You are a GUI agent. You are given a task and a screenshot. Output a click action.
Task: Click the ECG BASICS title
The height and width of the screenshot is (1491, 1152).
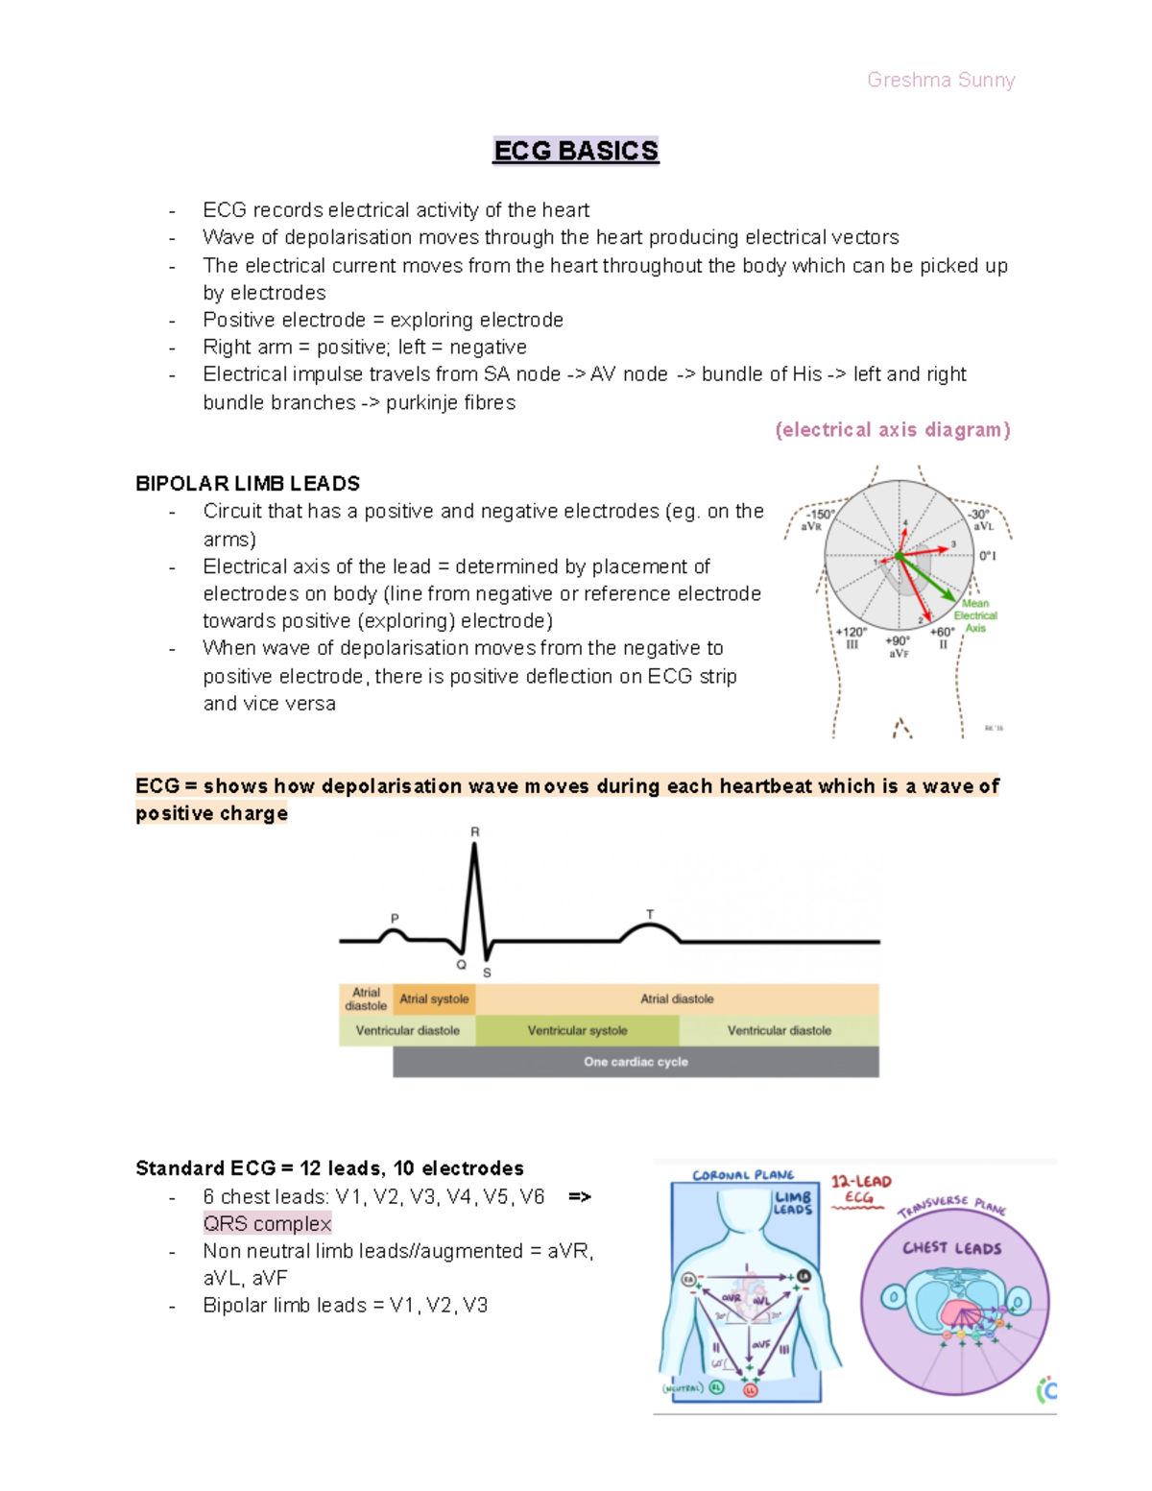575,151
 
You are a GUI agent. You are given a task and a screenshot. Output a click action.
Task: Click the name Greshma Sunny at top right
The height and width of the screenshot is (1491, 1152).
941,80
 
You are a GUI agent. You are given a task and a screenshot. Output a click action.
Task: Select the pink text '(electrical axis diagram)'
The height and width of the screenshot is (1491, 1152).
893,430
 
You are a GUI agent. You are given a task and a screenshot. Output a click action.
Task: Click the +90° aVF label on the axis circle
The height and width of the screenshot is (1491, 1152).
898,646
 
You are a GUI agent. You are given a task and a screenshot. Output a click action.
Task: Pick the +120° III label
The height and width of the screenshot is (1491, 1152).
851,638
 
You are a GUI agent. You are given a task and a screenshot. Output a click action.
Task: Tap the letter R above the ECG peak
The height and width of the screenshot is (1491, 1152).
474,831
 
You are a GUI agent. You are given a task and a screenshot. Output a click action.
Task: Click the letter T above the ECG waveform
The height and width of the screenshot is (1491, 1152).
650,914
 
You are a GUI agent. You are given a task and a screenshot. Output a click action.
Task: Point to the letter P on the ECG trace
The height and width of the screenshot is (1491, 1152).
395,919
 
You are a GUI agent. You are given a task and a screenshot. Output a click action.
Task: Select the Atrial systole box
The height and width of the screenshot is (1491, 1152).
434,999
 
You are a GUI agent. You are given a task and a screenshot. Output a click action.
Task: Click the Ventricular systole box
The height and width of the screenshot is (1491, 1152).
577,1030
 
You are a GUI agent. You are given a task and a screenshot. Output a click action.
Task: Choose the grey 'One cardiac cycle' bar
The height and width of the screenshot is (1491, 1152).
636,1062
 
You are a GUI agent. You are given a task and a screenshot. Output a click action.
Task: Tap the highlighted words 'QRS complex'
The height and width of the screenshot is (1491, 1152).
267,1223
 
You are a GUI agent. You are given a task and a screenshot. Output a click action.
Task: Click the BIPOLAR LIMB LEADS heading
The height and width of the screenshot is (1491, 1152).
248,483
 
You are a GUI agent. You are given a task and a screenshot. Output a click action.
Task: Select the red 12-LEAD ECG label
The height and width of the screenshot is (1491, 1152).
860,1189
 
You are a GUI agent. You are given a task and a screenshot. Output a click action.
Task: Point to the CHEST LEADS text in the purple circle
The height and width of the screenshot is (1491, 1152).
951,1248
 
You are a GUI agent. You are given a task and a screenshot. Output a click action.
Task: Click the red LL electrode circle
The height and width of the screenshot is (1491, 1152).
751,1389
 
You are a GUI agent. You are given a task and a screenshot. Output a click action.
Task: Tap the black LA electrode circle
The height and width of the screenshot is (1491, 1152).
804,1276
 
